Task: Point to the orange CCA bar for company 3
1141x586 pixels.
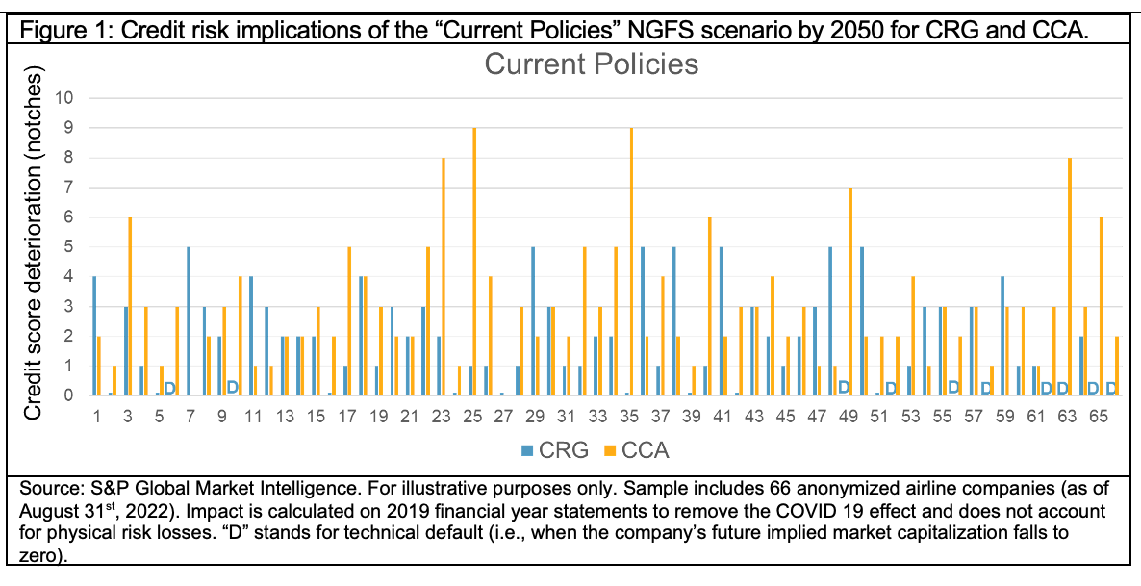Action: (130, 306)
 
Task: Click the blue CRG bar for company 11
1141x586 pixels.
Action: (251, 335)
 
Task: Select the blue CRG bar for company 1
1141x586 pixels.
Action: (94, 335)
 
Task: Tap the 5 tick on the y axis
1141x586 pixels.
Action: (78, 246)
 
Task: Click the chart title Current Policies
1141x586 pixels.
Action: (591, 65)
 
